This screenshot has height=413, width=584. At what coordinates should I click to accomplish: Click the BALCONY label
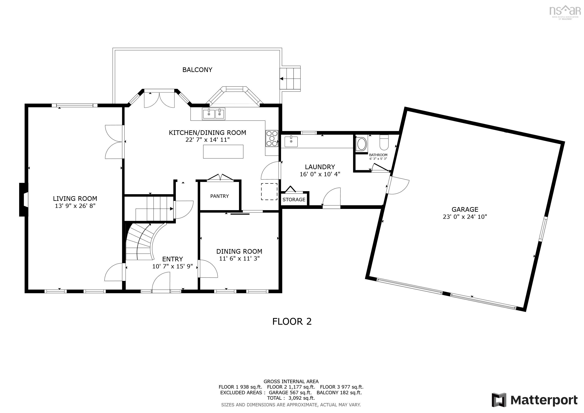pyautogui.click(x=197, y=70)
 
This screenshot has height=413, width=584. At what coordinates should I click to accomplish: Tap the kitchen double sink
pyautogui.click(x=214, y=114)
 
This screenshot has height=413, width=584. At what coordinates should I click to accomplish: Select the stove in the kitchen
pyautogui.click(x=272, y=139)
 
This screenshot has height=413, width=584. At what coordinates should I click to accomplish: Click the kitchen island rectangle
pyautogui.click(x=223, y=152)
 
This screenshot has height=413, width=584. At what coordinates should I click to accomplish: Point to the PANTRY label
pyautogui.click(x=220, y=196)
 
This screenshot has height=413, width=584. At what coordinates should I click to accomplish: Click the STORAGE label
pyautogui.click(x=294, y=200)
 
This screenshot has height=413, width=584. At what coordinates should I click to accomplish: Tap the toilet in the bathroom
pyautogui.click(x=384, y=142)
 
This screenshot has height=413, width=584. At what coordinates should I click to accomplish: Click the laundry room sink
pyautogui.click(x=291, y=141)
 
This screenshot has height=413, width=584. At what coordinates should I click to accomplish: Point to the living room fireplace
pyautogui.click(x=24, y=200)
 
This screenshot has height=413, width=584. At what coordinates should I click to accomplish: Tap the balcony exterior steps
pyautogui.click(x=290, y=79)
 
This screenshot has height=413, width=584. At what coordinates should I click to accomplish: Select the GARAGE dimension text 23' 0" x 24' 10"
pyautogui.click(x=465, y=217)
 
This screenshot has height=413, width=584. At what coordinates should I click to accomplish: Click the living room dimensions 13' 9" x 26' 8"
pyautogui.click(x=75, y=206)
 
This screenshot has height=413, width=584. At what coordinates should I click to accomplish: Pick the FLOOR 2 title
pyautogui.click(x=292, y=322)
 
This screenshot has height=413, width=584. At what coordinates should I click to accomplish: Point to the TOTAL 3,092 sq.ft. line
pyautogui.click(x=291, y=398)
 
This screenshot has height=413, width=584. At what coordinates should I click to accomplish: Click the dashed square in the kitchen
pyautogui.click(x=269, y=192)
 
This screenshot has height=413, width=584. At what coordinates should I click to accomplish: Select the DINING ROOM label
pyautogui.click(x=239, y=251)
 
